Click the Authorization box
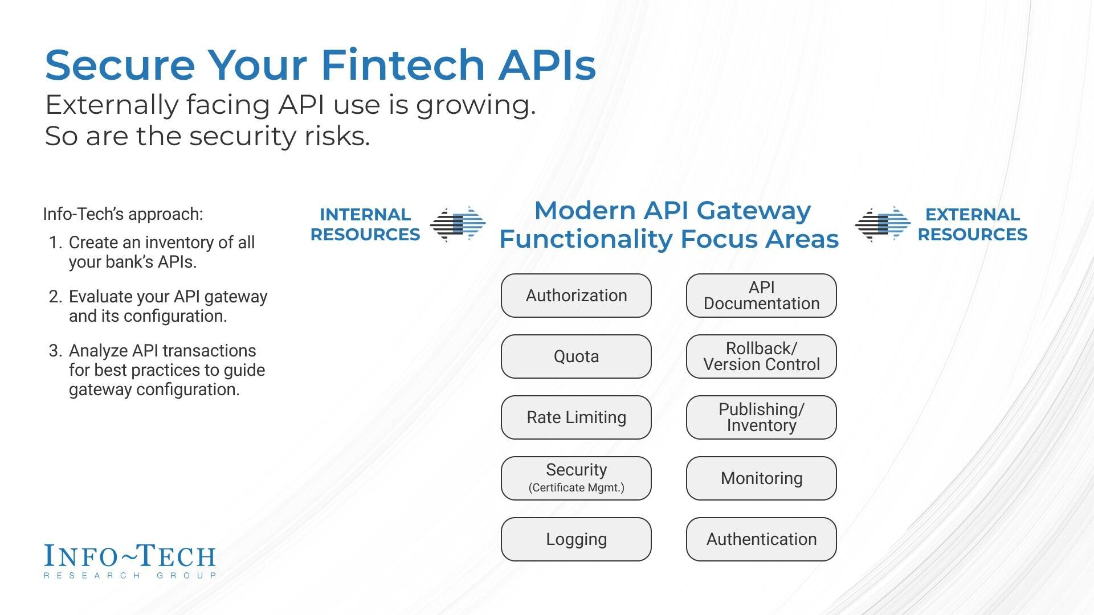pyautogui.click(x=576, y=296)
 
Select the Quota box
pyautogui.click(x=576, y=356)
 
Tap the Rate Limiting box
pyautogui.click(x=576, y=417)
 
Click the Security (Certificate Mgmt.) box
pyautogui.click(x=576, y=478)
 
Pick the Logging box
pyautogui.click(x=576, y=539)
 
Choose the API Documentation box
pyautogui.click(x=761, y=296)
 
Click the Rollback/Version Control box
pyautogui.click(x=761, y=356)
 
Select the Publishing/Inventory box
pyautogui.click(x=761, y=417)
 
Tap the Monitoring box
pyautogui.click(x=761, y=478)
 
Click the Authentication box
pyautogui.click(x=761, y=539)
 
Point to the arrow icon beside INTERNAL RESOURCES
pyautogui.click(x=458, y=224)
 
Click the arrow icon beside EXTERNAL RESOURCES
pyautogui.click(x=883, y=224)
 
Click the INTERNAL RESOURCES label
pyautogui.click(x=365, y=224)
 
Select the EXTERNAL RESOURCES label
pyautogui.click(x=972, y=224)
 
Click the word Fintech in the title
pyautogui.click(x=402, y=64)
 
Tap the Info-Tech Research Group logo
pyautogui.click(x=130, y=561)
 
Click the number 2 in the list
pyautogui.click(x=55, y=297)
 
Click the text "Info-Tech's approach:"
pyautogui.click(x=123, y=214)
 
